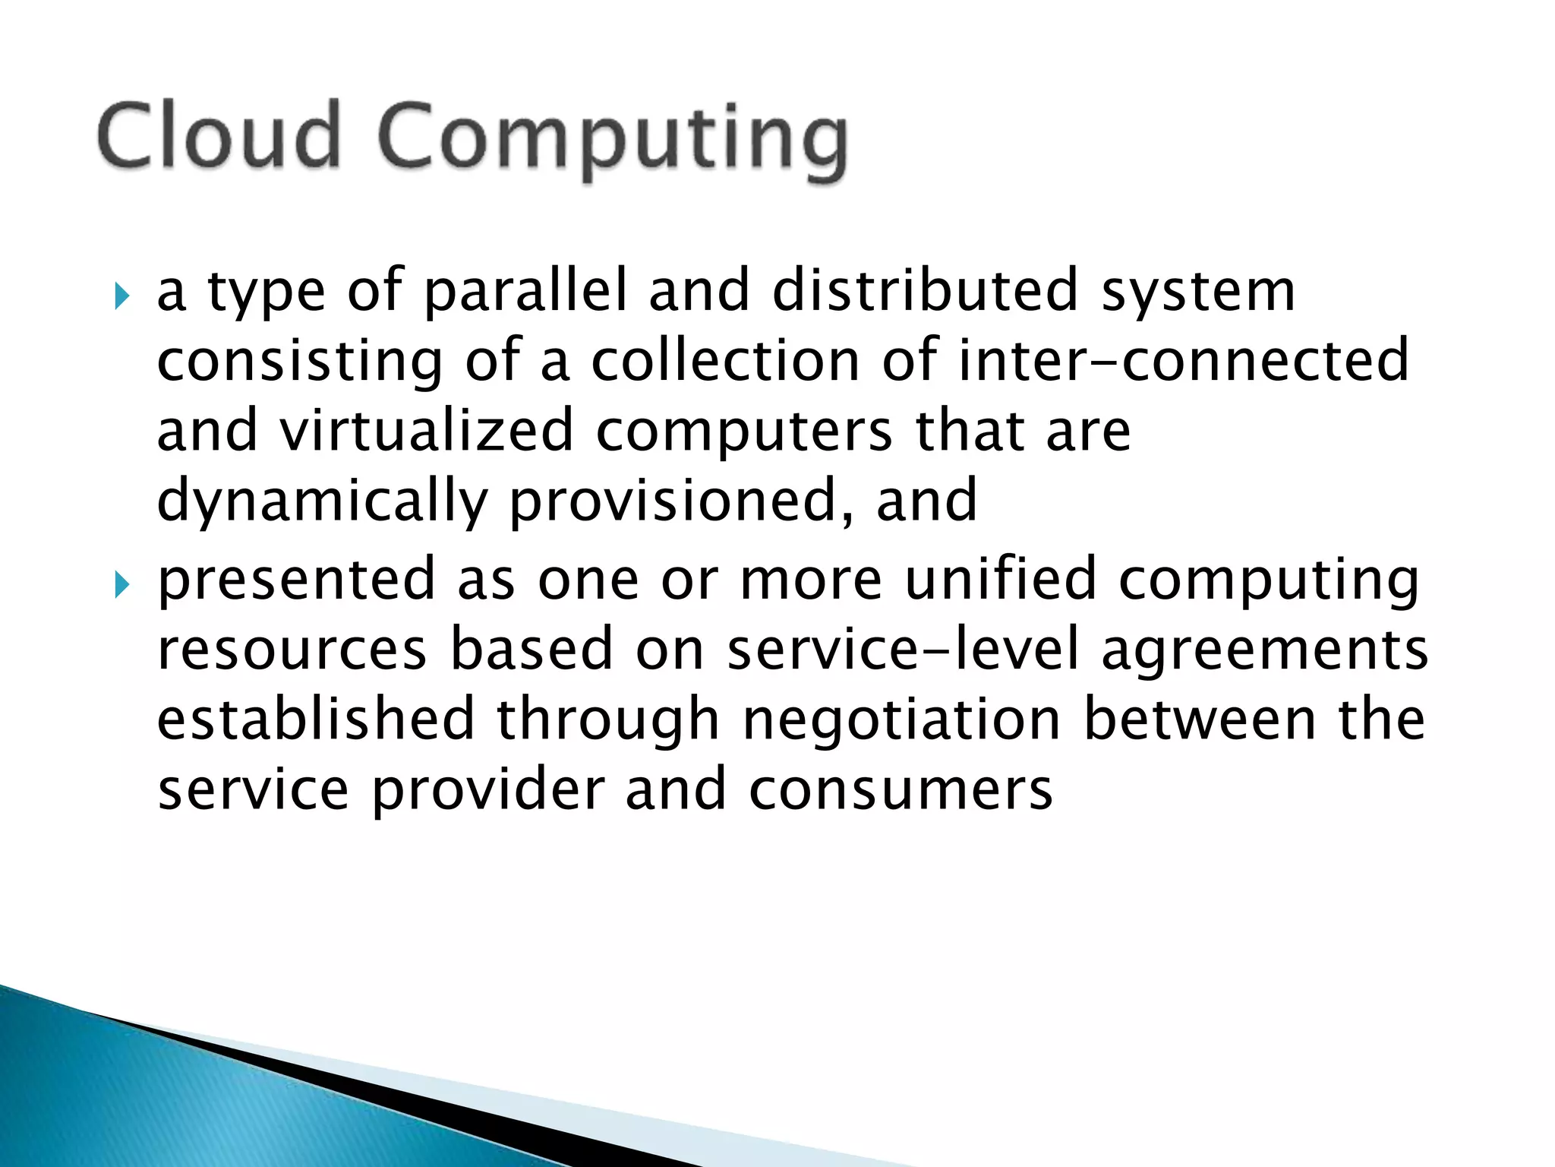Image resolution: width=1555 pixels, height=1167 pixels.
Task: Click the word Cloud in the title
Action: (218, 137)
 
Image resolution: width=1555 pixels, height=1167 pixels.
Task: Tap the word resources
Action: (292, 650)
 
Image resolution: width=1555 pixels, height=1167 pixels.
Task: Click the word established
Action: (316, 719)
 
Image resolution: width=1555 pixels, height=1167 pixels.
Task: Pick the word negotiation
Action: (901, 720)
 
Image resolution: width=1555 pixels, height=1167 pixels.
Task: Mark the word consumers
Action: (901, 791)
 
